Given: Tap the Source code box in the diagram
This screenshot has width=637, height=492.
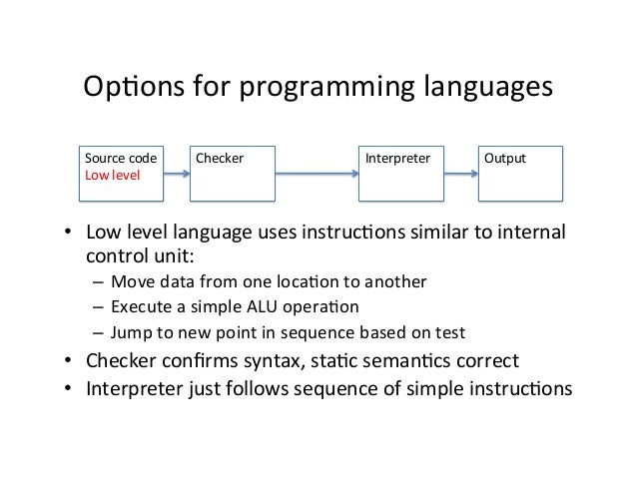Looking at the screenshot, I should pos(119,174).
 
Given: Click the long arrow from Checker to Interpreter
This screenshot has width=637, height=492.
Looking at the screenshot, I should pos(316,174).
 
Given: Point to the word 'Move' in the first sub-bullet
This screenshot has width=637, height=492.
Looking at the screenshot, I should pos(131,281).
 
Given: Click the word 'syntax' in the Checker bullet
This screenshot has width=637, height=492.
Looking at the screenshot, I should pos(261,360).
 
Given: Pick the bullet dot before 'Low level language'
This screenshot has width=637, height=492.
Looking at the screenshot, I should pos(67,234).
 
